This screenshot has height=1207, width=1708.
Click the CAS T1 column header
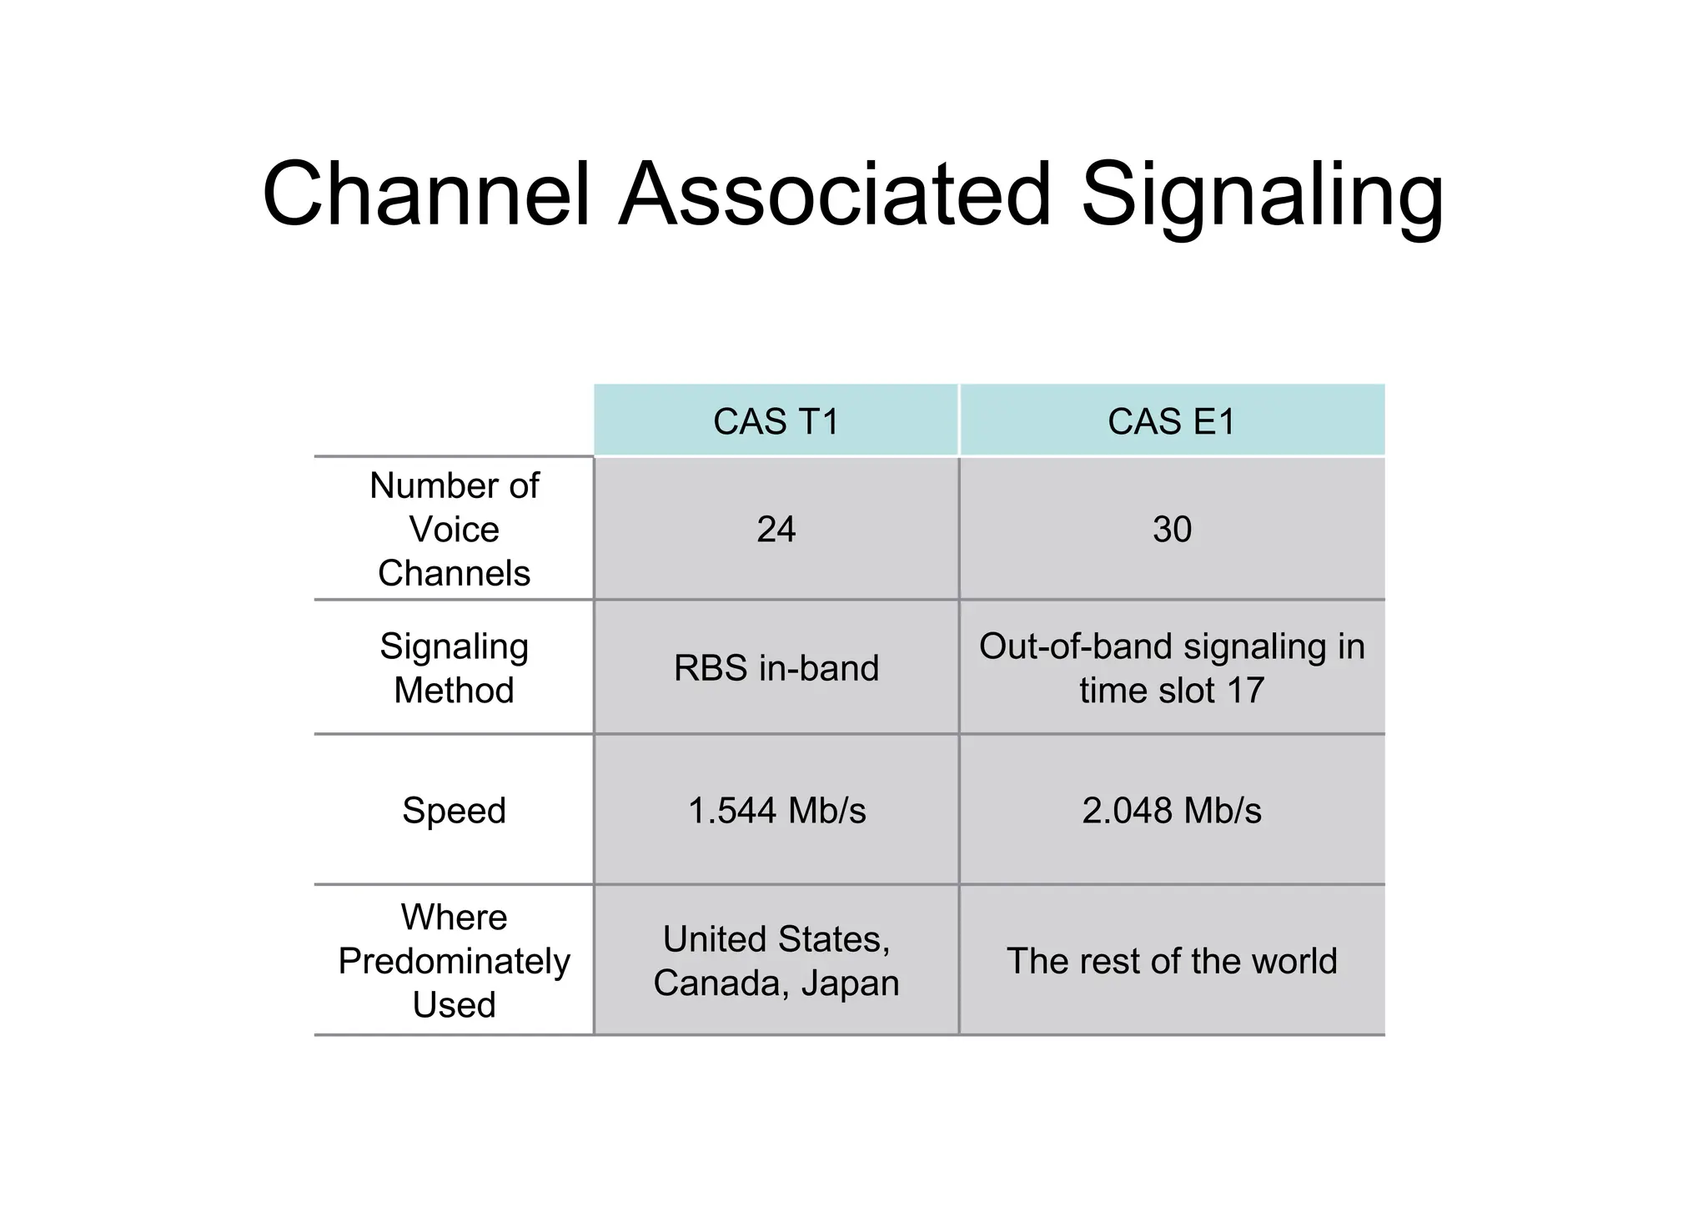tap(776, 421)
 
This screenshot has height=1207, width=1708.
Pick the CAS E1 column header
tap(1171, 421)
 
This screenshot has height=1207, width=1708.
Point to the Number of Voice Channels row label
tap(454, 529)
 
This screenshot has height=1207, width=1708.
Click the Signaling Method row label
tap(454, 667)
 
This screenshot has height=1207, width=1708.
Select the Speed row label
tap(454, 810)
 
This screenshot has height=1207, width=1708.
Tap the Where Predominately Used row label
tap(454, 960)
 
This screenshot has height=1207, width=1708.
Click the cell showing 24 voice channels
tap(776, 529)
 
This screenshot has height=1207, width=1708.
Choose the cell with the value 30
tap(1172, 529)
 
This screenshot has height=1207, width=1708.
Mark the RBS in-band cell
tap(776, 667)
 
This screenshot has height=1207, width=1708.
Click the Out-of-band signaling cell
tap(1172, 667)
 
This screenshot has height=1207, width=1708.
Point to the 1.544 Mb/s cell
tap(776, 810)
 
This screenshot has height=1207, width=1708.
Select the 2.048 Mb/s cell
tap(1172, 810)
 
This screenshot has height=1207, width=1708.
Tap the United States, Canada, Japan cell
tap(776, 960)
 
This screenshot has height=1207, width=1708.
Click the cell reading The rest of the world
tap(1172, 960)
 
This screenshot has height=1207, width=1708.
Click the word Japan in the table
tap(850, 983)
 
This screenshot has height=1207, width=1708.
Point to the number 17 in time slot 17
tap(1245, 690)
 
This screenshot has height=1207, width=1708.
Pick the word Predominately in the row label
tap(454, 961)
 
